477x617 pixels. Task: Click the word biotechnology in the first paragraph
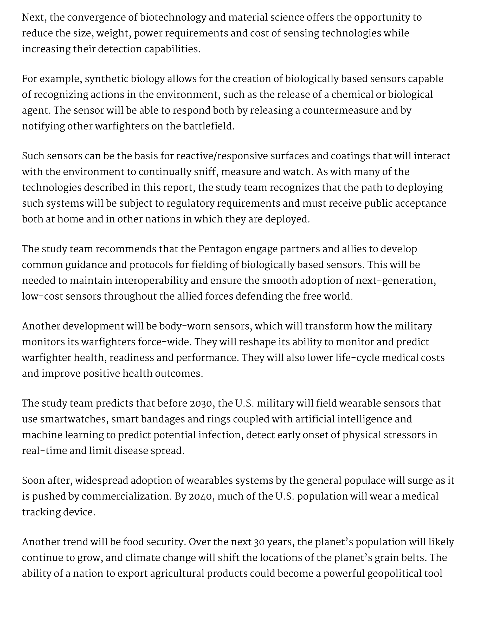[173, 18]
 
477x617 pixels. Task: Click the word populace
[364, 481]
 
